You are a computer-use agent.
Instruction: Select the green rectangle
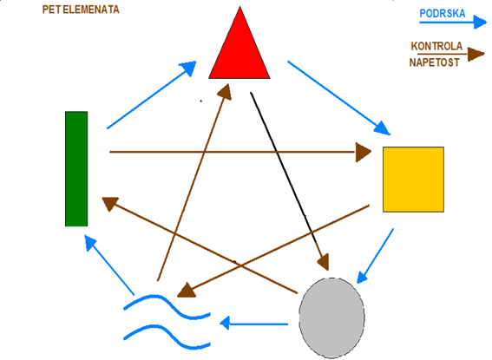click(x=76, y=168)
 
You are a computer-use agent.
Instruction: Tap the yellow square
click(x=413, y=180)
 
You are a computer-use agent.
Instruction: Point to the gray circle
click(x=331, y=317)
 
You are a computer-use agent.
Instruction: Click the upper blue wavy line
click(x=167, y=306)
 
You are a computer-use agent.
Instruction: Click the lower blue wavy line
click(x=167, y=337)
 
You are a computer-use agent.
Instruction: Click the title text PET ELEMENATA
click(x=81, y=10)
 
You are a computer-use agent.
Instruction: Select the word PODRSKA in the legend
click(x=443, y=14)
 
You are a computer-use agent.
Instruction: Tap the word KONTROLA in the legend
click(x=436, y=46)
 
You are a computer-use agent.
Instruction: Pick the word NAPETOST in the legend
click(x=434, y=62)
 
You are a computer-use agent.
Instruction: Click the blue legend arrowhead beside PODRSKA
click(x=480, y=22)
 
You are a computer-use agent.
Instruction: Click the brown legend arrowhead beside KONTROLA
click(x=476, y=55)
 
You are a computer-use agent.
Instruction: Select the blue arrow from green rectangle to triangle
click(x=151, y=95)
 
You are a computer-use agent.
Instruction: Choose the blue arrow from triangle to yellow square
click(x=339, y=98)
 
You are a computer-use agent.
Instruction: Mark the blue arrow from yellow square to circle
click(x=375, y=256)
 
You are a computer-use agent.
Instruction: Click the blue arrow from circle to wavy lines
click(x=254, y=324)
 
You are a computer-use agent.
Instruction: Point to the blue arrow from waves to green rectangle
click(x=109, y=265)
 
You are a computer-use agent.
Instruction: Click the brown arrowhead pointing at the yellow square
click(x=364, y=152)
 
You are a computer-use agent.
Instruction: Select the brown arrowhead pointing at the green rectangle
click(x=110, y=203)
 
